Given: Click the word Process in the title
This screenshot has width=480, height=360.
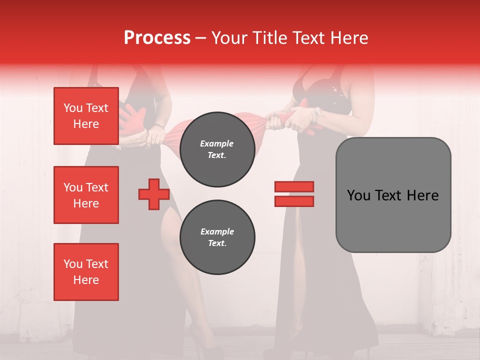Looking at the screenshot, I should click(x=157, y=37).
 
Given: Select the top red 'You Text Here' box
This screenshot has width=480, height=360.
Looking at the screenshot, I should click(x=86, y=116).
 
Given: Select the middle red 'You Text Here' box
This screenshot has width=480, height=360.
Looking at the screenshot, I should click(x=86, y=195).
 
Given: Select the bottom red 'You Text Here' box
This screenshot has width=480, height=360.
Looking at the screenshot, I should click(x=86, y=272).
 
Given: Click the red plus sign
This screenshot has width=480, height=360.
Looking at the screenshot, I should click(x=154, y=194).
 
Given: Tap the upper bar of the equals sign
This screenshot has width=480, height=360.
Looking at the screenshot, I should click(x=294, y=186).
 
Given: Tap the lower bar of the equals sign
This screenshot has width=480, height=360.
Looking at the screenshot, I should click(x=294, y=201).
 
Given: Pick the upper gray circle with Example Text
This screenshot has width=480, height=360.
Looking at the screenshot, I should click(x=217, y=149).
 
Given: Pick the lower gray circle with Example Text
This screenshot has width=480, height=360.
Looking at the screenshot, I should click(x=217, y=237).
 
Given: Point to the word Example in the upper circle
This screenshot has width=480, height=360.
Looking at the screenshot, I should click(x=216, y=143).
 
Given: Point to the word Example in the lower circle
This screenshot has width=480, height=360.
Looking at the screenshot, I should click(x=217, y=231).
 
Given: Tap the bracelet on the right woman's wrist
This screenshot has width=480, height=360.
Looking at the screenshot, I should click(x=314, y=115).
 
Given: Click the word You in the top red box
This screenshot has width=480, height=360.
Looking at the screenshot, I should click(x=72, y=108).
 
